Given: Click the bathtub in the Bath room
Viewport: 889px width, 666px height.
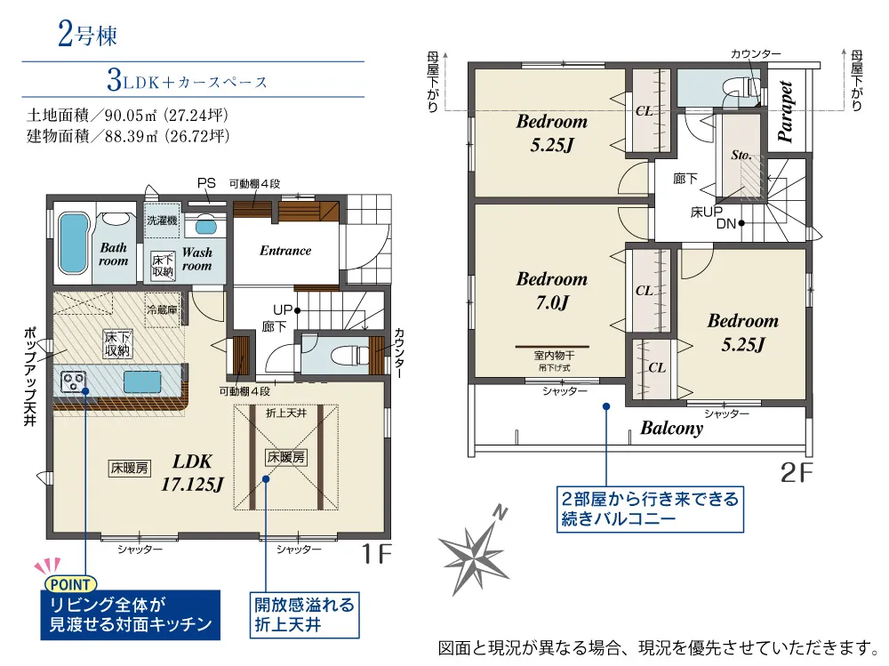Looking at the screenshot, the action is pos(73,243).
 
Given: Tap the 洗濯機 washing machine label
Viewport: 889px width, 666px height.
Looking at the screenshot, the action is pos(162,221).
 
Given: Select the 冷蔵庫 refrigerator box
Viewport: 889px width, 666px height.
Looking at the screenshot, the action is pos(163,309).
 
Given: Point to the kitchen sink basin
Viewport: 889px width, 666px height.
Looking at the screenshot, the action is pos(142,381).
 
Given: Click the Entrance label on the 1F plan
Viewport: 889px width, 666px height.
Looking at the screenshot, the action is pos(285,251).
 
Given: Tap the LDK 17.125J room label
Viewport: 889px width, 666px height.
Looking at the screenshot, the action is pos(192,472).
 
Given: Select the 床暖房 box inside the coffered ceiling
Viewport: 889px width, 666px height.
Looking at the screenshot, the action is pos(286,457).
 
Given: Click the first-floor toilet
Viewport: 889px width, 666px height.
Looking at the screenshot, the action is pos(343,356).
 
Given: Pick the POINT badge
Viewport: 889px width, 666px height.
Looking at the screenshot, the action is pos(70,584).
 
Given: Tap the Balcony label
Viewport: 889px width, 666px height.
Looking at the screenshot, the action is pos(672,428).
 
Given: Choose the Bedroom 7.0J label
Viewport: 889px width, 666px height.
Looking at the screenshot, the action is pos(552,291).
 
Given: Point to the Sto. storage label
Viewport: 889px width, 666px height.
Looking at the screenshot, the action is pos(741,155).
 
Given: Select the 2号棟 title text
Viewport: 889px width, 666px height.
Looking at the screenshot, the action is pos(87,34).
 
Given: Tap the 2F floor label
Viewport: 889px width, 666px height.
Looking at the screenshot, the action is pos(797,472).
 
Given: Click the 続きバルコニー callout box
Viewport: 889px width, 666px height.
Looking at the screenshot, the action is pos(650,509).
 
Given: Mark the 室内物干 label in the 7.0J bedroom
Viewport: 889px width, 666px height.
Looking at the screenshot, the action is pos(554,355).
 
